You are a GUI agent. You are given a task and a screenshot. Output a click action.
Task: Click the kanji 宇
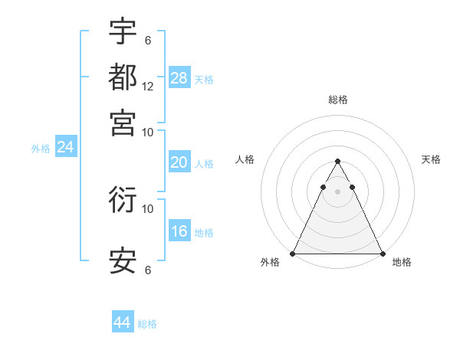pyautogui.click(x=123, y=31)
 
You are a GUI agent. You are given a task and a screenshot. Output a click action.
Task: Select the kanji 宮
pyautogui.click(x=123, y=123)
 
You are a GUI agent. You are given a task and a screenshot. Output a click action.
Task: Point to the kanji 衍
pyautogui.click(x=123, y=200)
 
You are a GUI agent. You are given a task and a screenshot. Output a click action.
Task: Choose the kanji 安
pyautogui.click(x=123, y=260)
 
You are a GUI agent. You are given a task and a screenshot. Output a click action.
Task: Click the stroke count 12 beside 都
pyautogui.click(x=148, y=87)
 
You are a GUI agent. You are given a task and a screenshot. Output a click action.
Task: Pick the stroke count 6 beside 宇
pyautogui.click(x=147, y=40)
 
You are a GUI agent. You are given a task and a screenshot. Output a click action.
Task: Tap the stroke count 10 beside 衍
pyautogui.click(x=148, y=208)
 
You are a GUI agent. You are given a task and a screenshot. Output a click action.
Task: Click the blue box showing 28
pyautogui.click(x=179, y=77)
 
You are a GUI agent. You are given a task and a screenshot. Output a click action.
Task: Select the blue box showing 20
pyautogui.click(x=179, y=162)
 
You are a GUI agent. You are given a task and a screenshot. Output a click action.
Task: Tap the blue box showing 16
pyautogui.click(x=179, y=231)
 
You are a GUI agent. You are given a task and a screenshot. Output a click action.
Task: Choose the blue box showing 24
pyautogui.click(x=66, y=147)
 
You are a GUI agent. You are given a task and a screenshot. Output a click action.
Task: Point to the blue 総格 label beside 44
pyautogui.click(x=147, y=324)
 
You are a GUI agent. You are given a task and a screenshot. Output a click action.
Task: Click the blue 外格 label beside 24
pyautogui.click(x=41, y=149)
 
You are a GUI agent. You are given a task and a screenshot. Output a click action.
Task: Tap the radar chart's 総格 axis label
pyautogui.click(x=337, y=100)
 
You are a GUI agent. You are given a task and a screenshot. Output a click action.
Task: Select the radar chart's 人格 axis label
pyautogui.click(x=245, y=159)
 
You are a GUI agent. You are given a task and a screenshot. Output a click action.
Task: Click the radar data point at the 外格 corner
pyautogui.click(x=293, y=253)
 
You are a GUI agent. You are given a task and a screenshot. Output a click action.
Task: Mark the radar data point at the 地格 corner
pyautogui.click(x=382, y=253)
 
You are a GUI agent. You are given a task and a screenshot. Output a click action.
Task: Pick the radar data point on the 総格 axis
pyautogui.click(x=337, y=162)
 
